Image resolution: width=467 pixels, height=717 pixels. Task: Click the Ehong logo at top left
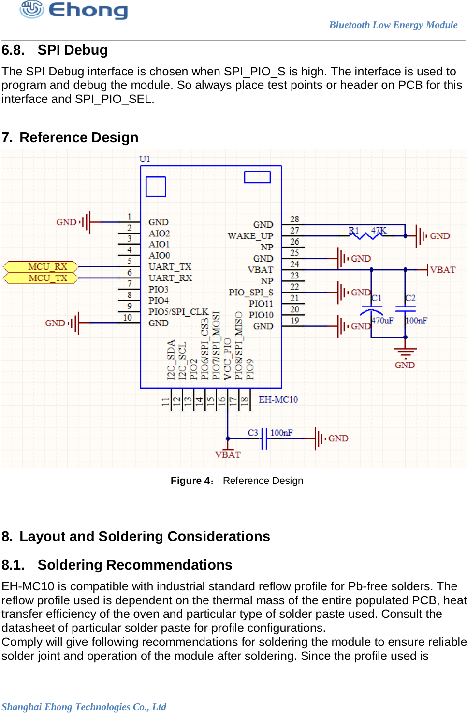click(x=73, y=10)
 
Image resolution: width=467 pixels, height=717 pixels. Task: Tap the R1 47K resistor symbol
click(x=368, y=235)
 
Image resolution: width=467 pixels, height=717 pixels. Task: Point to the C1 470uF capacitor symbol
click(x=371, y=309)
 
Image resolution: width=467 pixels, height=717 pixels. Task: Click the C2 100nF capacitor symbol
click(x=405, y=308)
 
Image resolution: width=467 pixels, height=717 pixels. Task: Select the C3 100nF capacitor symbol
click(x=264, y=439)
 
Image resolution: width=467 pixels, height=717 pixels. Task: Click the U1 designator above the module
click(x=145, y=159)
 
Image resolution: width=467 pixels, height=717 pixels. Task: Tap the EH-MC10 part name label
click(x=278, y=399)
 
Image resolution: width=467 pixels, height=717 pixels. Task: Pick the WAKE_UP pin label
click(x=250, y=236)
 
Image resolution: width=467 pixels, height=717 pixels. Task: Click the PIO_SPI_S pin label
click(x=250, y=293)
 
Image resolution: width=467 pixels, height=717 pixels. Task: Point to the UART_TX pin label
click(x=170, y=267)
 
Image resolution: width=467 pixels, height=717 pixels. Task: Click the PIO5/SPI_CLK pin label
click(x=178, y=312)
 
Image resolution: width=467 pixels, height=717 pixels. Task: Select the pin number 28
click(x=294, y=219)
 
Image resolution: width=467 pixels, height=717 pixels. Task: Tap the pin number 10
click(x=127, y=318)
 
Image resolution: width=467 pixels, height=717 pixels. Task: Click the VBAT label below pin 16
click(x=228, y=454)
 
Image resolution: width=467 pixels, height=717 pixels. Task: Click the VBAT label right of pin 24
click(x=442, y=270)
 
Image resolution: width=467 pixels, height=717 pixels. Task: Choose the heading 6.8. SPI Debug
click(x=55, y=50)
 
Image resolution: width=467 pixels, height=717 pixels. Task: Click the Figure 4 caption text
click(x=236, y=481)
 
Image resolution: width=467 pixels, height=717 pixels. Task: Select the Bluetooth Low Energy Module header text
click(x=393, y=25)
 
